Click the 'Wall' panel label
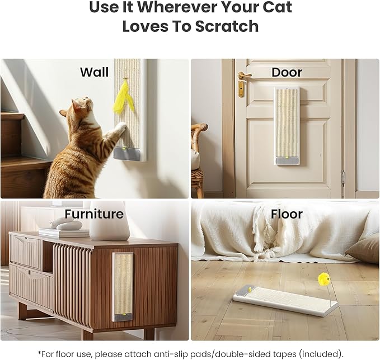(x=94, y=72)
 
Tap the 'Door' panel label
(x=287, y=72)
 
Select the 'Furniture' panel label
(x=94, y=214)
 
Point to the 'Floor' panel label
(x=287, y=214)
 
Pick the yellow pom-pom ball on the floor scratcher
(x=323, y=278)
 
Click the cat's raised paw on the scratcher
(x=119, y=129)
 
